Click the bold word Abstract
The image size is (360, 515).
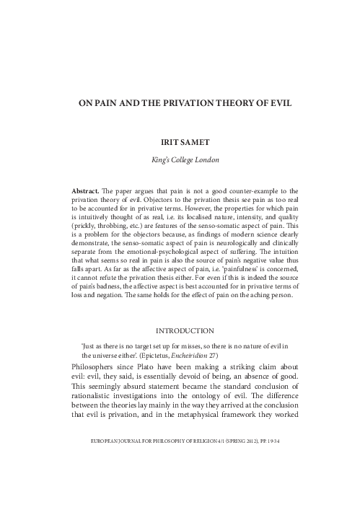click(85, 190)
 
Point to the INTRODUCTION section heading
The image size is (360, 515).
click(180, 330)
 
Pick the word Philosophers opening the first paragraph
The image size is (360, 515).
click(95, 369)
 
